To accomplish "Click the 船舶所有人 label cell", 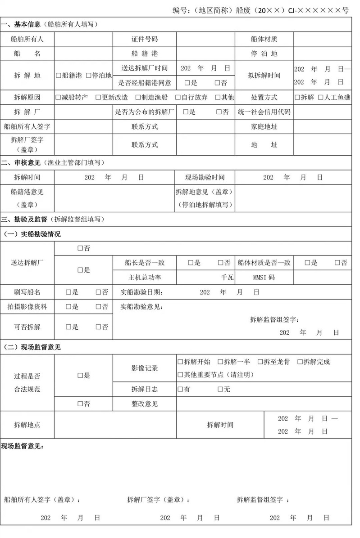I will point(27,39).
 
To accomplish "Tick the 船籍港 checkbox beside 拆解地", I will point(59,76).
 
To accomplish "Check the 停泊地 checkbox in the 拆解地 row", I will point(88,76).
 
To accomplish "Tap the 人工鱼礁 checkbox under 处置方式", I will point(321,97).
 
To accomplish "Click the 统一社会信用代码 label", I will point(264,112).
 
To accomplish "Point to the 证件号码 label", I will point(144,39).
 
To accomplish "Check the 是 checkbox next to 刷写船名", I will point(68,292).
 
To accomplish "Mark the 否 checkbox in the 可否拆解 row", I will point(98,327).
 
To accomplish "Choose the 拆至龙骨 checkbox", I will point(260,362).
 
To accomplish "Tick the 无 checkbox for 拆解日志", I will point(220,389).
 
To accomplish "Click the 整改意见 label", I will point(144,404).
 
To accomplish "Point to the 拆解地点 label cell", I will point(27,425).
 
